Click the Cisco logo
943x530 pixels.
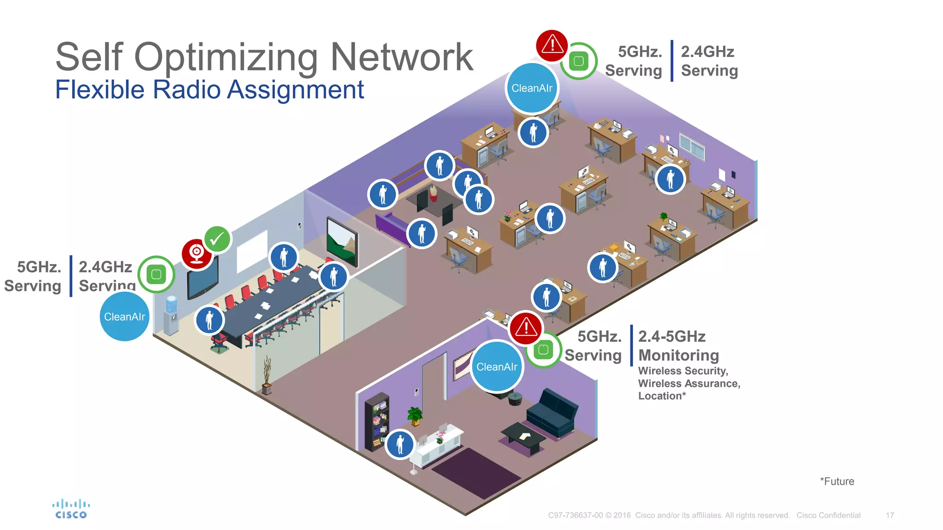(70, 509)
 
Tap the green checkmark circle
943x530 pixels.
(217, 239)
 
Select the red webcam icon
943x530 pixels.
(197, 253)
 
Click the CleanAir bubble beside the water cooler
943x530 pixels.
(124, 317)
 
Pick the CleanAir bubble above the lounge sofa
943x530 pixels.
(497, 367)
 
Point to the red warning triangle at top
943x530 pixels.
(552, 46)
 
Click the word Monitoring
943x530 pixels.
(678, 355)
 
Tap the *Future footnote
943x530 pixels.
(837, 481)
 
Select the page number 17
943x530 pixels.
(890, 515)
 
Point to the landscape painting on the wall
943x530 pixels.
(342, 242)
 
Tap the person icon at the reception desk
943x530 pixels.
(400, 444)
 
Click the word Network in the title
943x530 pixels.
(402, 57)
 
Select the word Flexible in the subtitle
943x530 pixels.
(100, 89)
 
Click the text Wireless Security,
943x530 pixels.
(683, 371)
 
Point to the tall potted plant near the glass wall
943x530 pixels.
(266, 375)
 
